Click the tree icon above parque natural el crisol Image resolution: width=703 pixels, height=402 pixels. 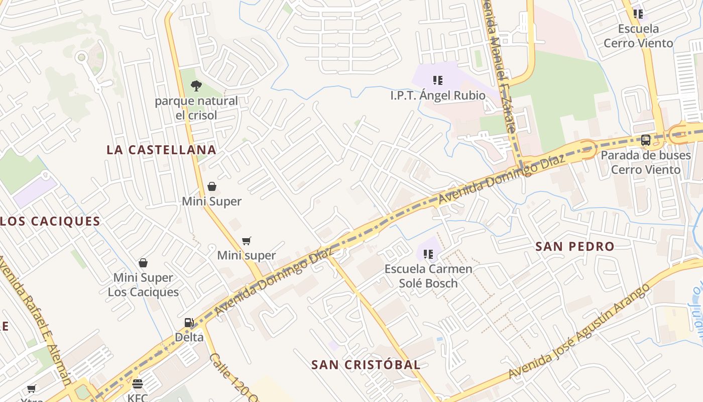tap(196, 86)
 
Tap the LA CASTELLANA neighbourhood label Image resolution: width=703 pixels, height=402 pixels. tap(161, 150)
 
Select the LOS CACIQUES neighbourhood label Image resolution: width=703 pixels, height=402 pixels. tap(50, 221)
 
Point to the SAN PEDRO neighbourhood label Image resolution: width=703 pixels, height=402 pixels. tap(574, 246)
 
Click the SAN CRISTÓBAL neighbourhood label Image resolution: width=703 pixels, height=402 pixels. tap(366, 365)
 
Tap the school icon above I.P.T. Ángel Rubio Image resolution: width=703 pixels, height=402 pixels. tap(438, 80)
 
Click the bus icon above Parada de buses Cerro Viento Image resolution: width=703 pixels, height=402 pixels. tap(646, 140)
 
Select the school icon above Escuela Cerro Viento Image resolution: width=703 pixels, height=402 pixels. tap(638, 14)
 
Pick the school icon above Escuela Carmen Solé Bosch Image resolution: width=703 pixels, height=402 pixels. tap(428, 254)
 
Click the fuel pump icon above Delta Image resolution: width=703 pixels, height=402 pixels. tap(189, 322)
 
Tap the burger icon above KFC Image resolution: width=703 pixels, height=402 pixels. tap(138, 384)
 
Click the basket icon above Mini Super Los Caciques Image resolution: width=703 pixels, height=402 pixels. tap(143, 263)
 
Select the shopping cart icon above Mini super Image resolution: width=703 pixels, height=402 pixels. tap(246, 241)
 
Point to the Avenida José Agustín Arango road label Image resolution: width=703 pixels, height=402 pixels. tap(579, 332)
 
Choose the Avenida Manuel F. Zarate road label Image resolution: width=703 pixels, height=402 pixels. tap(499, 70)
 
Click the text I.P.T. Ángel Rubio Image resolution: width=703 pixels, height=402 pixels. tap(438, 95)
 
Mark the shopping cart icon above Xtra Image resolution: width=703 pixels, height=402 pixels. tap(32, 388)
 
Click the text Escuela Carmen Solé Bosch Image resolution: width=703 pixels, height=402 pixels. tap(428, 276)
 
